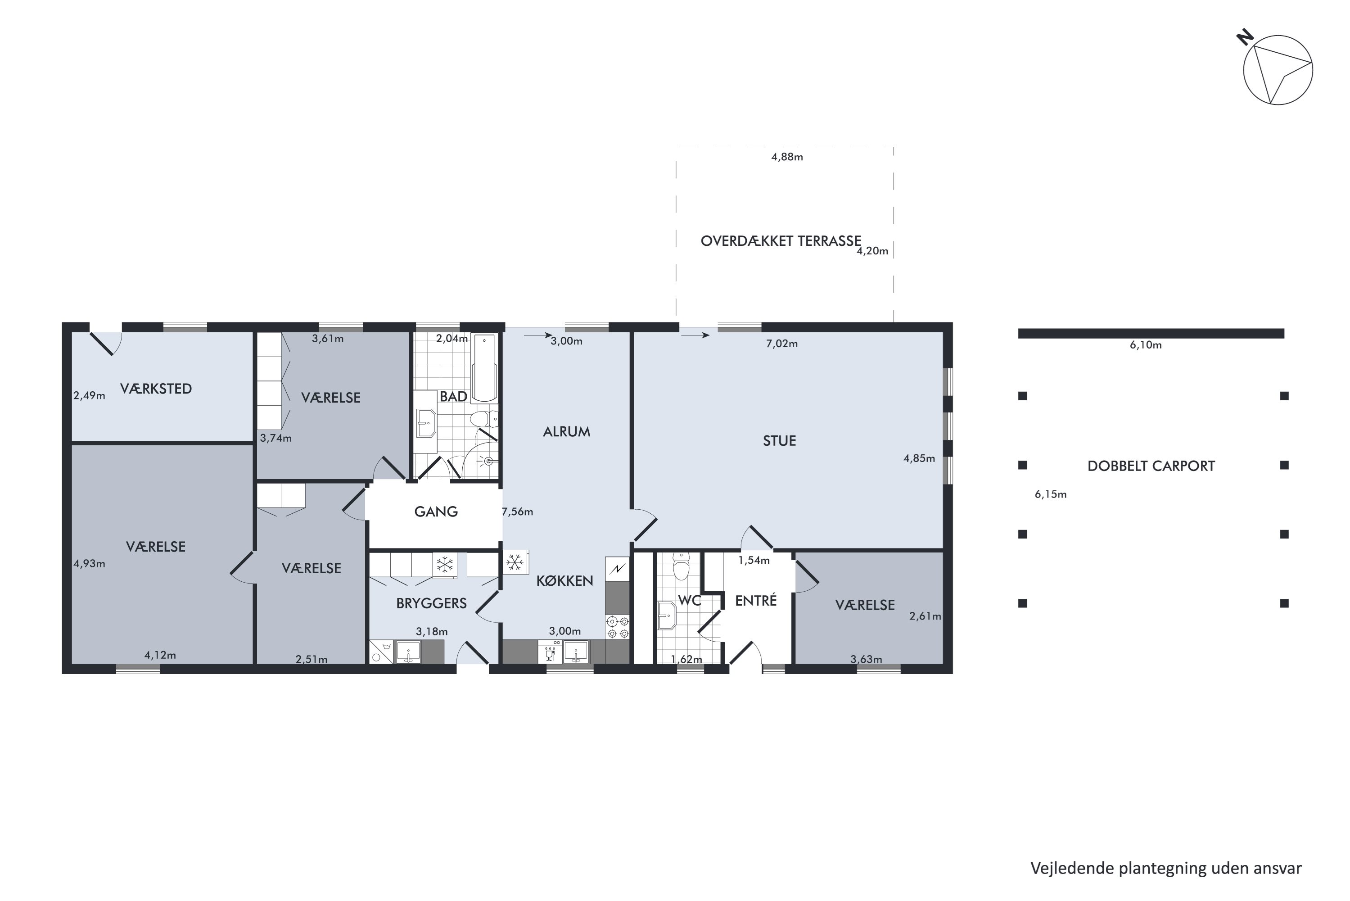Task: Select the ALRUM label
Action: point(566,431)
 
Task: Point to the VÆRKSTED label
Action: point(156,389)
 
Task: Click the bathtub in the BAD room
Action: point(484,367)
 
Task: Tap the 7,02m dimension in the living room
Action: point(782,344)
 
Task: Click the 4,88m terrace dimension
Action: point(787,157)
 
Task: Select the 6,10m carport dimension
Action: point(1146,345)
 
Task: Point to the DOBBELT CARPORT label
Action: point(1151,466)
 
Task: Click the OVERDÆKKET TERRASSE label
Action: point(781,241)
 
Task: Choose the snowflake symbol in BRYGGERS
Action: point(445,565)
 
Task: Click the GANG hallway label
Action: point(436,512)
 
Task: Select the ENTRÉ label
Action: point(756,601)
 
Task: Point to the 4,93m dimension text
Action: point(89,564)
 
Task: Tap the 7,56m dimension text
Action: point(517,512)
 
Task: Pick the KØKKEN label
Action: point(564,581)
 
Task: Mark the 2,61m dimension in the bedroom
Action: point(925,616)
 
